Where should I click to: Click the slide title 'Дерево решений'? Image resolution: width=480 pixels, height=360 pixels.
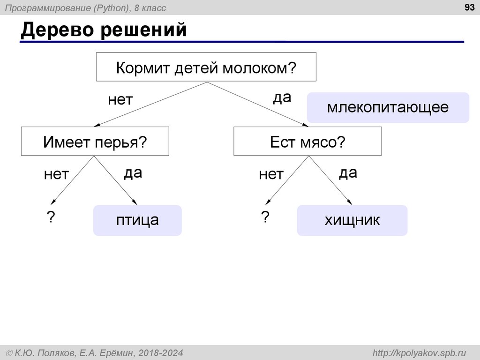tap(104, 30)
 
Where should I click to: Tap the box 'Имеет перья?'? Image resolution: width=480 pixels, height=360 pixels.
tap(95, 141)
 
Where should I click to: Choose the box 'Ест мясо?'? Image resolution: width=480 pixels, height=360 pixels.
tap(307, 141)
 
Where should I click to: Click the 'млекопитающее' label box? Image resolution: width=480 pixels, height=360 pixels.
tap(388, 107)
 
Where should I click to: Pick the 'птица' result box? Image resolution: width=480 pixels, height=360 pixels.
tap(137, 220)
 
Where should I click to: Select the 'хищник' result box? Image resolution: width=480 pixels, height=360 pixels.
tap(352, 220)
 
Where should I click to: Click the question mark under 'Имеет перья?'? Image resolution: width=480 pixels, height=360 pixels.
tap(50, 217)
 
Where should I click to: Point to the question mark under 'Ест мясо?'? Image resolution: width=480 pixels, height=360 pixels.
tap(265, 217)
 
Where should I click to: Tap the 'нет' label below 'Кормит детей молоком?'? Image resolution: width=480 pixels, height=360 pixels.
tap(120, 100)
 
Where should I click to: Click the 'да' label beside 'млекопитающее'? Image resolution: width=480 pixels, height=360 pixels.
tap(282, 98)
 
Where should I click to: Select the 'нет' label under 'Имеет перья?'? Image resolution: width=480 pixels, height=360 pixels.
tap(56, 175)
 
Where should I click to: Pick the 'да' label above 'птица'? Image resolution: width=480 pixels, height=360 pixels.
tap(133, 173)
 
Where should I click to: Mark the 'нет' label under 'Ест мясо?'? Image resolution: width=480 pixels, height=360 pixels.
tap(271, 175)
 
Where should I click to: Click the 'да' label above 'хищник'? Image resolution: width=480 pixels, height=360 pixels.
tap(348, 173)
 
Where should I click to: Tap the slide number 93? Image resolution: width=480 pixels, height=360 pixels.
tap(469, 7)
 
